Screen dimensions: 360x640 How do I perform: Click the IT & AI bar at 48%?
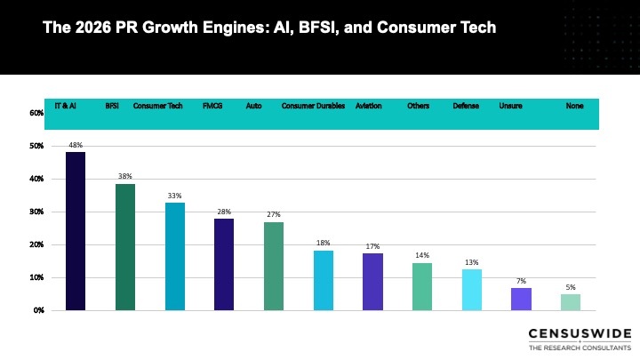76,231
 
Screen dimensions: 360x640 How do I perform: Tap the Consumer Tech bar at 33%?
174,256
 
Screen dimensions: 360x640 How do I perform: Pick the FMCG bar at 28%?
224,264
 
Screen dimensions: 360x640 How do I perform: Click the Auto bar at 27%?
274,266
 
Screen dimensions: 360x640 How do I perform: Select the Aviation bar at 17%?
372,282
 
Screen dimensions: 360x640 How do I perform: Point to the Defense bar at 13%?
471,289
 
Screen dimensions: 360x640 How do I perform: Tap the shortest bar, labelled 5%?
571,301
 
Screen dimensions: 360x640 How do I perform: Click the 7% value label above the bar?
522,281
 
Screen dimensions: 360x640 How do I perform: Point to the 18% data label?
324,243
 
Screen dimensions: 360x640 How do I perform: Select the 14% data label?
422,255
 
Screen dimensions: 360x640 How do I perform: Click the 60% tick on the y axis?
36,113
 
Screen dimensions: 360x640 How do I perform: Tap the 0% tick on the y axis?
38,310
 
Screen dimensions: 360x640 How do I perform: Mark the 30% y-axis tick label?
36,212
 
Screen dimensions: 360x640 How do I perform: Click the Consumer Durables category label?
313,106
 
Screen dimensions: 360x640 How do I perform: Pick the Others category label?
418,106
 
